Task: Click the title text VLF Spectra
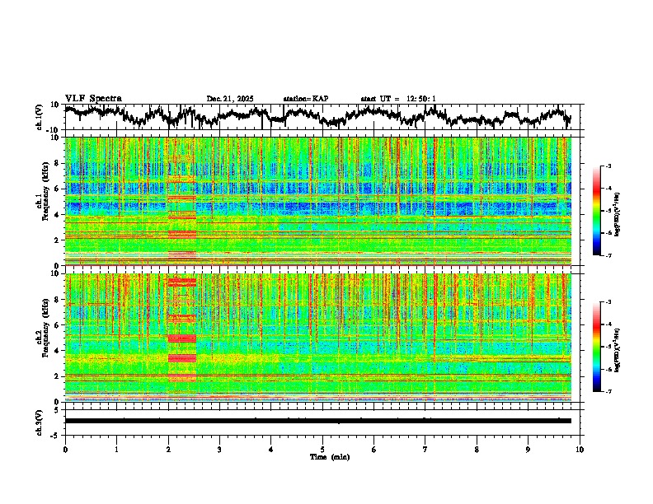[93, 98]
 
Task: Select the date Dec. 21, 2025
[230, 99]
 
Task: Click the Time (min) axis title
[329, 456]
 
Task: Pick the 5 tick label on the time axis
[322, 449]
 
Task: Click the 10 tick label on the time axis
[580, 449]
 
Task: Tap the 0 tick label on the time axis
[65, 449]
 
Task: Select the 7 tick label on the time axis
[425, 449]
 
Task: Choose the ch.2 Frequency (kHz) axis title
[43, 335]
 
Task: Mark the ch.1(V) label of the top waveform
[40, 117]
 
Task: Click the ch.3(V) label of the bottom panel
[40, 421]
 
